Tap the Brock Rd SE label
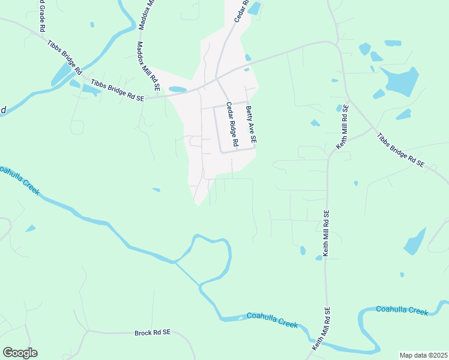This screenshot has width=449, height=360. (x=152, y=332)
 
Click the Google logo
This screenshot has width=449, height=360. (x=20, y=353)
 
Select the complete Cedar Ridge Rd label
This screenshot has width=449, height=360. (x=232, y=124)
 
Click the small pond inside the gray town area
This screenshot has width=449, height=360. (x=178, y=90)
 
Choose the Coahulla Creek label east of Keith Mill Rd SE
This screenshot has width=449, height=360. (x=402, y=310)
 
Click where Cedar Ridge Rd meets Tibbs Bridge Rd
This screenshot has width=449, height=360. (x=217, y=79)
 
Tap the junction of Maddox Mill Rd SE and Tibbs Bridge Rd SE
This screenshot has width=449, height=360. (x=161, y=95)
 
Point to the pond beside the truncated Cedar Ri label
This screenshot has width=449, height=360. (x=255, y=8)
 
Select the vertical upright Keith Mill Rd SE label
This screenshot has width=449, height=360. (x=327, y=234)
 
